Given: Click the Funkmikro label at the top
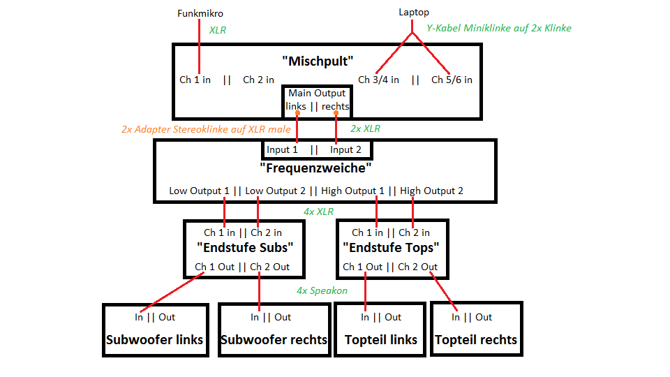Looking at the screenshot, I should (200, 13).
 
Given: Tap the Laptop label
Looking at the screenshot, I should (414, 12).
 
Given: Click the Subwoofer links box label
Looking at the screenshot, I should (154, 340).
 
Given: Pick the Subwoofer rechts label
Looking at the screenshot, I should (274, 340).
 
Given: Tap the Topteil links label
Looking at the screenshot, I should (381, 340).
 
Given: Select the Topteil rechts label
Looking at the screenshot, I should (476, 340).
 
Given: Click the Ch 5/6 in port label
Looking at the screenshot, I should (452, 80).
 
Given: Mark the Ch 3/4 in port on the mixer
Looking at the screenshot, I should (378, 80).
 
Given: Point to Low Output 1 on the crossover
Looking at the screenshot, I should (199, 191).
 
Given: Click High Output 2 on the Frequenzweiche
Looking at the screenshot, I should (431, 191).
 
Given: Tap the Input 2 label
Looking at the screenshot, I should (345, 149).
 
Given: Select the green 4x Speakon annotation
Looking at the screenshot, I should (322, 290).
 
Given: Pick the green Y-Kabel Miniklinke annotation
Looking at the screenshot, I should (498, 29).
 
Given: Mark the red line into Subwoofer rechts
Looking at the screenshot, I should (260, 293).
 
